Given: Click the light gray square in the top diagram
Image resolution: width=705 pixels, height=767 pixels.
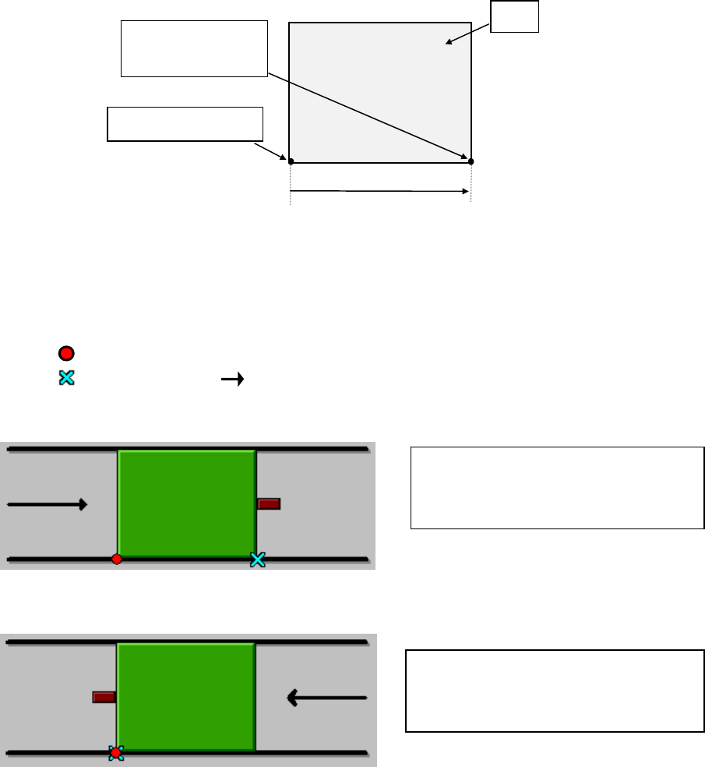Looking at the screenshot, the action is pos(379,92).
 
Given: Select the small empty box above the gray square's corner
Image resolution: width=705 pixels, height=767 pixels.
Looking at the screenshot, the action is pos(515,17).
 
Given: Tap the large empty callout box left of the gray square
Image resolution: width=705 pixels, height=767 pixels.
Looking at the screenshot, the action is pos(194,48).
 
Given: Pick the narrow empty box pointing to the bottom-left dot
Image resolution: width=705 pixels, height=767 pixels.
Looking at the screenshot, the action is pos(185,125).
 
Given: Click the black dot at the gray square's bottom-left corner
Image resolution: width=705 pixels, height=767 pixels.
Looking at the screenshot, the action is pos(291,161).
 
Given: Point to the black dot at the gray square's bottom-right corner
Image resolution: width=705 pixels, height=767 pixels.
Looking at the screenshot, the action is pos(471,161).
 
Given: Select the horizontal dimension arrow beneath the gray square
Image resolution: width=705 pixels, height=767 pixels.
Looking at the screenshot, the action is pos(379,190).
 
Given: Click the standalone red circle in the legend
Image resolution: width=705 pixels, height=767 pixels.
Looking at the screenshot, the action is pos(67,353).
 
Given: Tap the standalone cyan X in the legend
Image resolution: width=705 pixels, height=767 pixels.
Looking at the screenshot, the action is pos(67,378).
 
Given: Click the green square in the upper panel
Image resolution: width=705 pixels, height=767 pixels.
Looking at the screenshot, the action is pos(187,504).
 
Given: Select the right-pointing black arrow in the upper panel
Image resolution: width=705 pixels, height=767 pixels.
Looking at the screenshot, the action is pos(47,504).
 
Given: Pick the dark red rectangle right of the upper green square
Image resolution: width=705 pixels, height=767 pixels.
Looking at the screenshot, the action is pos(269,504).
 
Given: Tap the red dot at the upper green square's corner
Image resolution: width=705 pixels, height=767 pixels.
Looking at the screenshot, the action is pos(117,559).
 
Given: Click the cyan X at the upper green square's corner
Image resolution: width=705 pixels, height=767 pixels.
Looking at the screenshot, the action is pos(258,559).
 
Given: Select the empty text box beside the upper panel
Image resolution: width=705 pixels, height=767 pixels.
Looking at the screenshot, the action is pos(557,488).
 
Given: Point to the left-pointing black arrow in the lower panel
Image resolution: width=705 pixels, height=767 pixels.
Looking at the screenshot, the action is pos(327,698).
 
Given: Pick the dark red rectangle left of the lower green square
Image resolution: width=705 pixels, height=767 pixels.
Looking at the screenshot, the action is pos(104,697).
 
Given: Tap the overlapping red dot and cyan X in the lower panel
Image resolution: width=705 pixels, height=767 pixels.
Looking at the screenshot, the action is pos(116,752).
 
